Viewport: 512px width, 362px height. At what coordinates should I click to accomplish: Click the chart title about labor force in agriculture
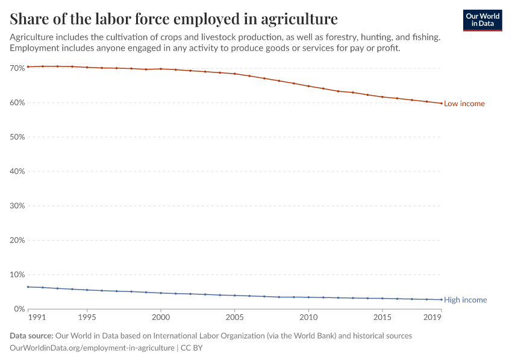[173, 18]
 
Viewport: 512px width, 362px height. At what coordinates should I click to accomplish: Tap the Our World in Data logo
[482, 20]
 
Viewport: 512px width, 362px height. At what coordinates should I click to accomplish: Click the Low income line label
[464, 104]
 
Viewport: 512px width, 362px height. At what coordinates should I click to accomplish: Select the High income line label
[465, 300]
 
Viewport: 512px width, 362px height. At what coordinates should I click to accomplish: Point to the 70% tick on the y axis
[17, 68]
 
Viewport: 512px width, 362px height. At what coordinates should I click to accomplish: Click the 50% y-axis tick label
[17, 137]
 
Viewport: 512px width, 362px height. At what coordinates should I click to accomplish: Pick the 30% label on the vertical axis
[17, 206]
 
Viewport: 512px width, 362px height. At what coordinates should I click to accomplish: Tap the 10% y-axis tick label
[17, 275]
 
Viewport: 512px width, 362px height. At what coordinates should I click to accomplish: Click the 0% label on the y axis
[19, 309]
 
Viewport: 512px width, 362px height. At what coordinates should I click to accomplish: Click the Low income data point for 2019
[442, 103]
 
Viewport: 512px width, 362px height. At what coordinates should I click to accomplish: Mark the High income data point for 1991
[28, 287]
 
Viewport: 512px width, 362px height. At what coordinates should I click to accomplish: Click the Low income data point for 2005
[234, 74]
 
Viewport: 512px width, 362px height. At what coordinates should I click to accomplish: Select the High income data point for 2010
[308, 297]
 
